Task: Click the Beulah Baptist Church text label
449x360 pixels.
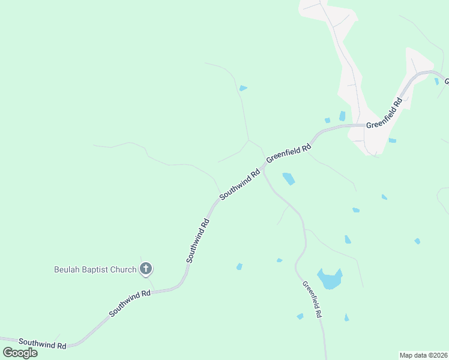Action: (x=94, y=269)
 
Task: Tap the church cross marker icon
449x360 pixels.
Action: (x=145, y=269)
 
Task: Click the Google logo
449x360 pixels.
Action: (x=20, y=352)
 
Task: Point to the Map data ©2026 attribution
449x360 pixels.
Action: (x=424, y=355)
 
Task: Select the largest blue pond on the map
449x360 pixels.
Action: (x=329, y=279)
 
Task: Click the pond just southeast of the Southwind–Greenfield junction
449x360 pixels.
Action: (x=289, y=178)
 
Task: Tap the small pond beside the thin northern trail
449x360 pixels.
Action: (x=243, y=88)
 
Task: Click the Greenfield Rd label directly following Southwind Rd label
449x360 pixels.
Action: (x=289, y=152)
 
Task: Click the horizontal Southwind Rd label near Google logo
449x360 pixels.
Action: (x=42, y=344)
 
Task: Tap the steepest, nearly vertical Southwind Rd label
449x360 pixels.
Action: (x=197, y=240)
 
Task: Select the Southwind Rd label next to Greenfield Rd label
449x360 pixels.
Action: (x=240, y=184)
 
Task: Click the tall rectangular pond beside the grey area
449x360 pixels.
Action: (x=342, y=116)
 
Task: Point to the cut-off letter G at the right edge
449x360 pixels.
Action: (x=447, y=81)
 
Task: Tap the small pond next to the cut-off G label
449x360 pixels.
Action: (x=436, y=81)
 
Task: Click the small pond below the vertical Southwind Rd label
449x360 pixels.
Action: (x=239, y=266)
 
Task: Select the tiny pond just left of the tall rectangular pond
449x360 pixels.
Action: (x=327, y=120)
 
